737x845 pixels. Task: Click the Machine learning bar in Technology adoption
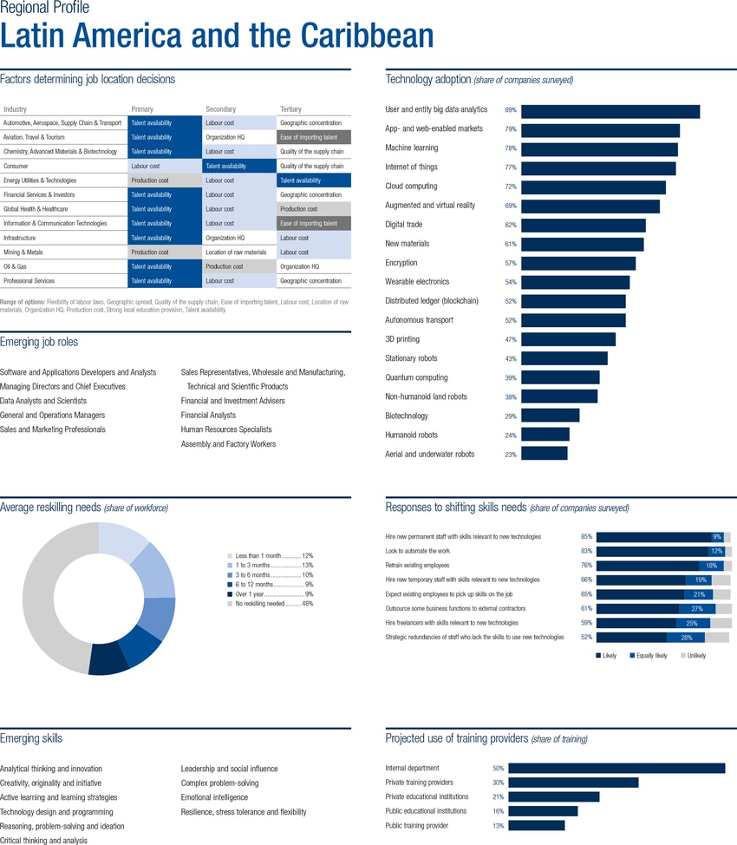(x=598, y=149)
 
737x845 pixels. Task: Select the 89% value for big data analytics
(x=511, y=110)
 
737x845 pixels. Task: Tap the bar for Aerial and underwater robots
(x=544, y=454)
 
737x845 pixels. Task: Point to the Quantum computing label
(x=416, y=377)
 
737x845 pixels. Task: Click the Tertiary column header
(x=290, y=109)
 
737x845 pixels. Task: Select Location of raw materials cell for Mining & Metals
(x=236, y=252)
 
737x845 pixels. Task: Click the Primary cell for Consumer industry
(x=146, y=167)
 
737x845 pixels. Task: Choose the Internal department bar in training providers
(x=616, y=769)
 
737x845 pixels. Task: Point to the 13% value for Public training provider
(x=498, y=826)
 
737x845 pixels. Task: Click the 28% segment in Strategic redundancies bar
(x=685, y=638)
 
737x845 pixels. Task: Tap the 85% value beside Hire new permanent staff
(x=586, y=537)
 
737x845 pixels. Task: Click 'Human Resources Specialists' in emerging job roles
(x=225, y=429)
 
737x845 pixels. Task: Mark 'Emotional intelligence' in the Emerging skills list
(x=214, y=797)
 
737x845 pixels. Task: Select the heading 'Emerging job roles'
(x=39, y=343)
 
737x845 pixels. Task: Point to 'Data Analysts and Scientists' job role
(x=43, y=401)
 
